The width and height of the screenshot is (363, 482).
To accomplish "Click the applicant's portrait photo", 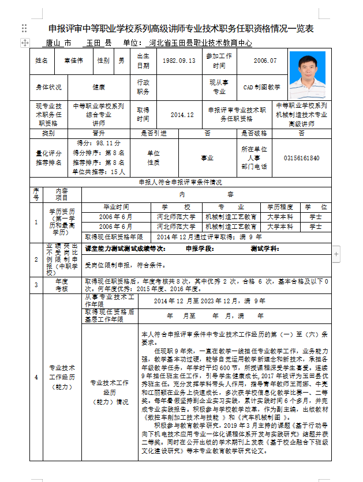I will pyautogui.click(x=307, y=75).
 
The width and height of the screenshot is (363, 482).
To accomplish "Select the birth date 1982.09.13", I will pyautogui.click(x=179, y=61).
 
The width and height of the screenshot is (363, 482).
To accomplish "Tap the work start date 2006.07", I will pyautogui.click(x=265, y=61).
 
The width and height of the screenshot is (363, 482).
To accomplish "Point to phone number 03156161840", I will pyautogui.click(x=301, y=158).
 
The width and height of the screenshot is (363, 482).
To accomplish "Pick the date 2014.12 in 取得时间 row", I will pyautogui.click(x=182, y=115).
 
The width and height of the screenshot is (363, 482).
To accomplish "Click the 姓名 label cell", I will pyautogui.click(x=42, y=61).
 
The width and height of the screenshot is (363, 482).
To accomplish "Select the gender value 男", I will pyautogui.click(x=121, y=61).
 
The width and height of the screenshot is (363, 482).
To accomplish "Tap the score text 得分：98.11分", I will pyautogui.click(x=99, y=143).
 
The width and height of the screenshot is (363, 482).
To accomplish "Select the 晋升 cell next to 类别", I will pyautogui.click(x=99, y=133).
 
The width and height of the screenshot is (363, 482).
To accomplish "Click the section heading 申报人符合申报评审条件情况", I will pyautogui.click(x=180, y=182).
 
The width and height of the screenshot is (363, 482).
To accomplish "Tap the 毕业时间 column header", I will pyautogui.click(x=116, y=206).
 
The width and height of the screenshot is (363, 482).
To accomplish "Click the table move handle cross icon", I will pyautogui.click(x=25, y=42).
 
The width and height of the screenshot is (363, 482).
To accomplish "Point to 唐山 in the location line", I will pyautogui.click(x=56, y=43).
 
